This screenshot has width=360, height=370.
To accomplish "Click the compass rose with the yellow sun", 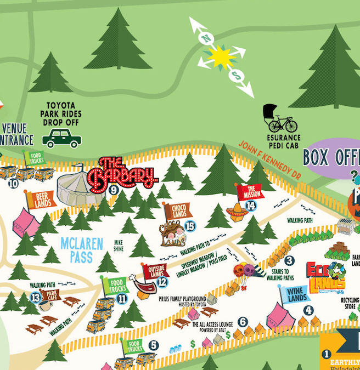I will tap(221, 56).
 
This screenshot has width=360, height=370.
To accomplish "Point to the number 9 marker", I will tap(114, 190).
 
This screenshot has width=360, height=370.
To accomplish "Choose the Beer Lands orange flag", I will tap(41, 200).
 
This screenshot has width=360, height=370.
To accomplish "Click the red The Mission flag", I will tap(250, 192).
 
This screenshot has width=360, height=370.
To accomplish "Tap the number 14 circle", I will tap(251, 206).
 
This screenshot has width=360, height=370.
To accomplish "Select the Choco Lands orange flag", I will tap(177, 210).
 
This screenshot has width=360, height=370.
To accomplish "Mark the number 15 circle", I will tap(190, 225).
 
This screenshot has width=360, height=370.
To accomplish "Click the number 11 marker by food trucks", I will tap(122, 299).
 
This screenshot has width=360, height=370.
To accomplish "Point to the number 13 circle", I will tap(36, 298).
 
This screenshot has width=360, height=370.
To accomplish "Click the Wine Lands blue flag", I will tap(295, 294).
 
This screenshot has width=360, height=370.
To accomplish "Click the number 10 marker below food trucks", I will tap(13, 184).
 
